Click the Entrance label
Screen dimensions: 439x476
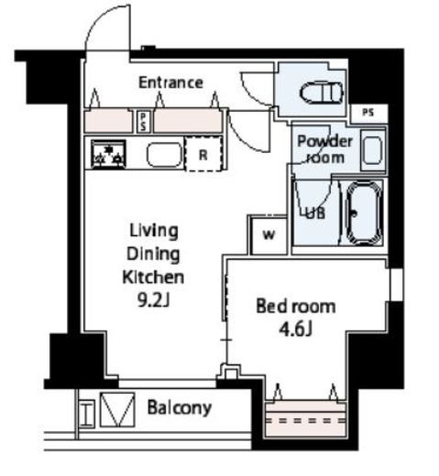pos(170,82)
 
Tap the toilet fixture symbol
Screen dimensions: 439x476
pos(321,92)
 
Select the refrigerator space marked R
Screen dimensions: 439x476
pos(203,154)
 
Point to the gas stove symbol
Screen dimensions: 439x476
pos(108,154)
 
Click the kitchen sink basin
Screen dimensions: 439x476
pos(164,155)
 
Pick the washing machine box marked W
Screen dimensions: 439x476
pos(269,235)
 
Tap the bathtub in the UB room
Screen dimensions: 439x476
pos(364,212)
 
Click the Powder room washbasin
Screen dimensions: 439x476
pos(373,150)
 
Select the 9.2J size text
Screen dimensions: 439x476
pos(153,300)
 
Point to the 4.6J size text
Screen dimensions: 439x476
pos(296,329)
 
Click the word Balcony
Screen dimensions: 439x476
pos(180,407)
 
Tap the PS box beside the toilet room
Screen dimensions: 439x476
pos(368,113)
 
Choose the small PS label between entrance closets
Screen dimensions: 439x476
pos(143,122)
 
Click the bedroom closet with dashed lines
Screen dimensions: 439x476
pos(305,420)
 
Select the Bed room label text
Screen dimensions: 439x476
pos(296,306)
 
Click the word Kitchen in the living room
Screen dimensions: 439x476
pos(153,276)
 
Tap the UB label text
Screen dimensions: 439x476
pos(315,213)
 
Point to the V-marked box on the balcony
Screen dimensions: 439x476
pos(117,410)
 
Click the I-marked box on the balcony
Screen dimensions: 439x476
pos(86,414)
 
